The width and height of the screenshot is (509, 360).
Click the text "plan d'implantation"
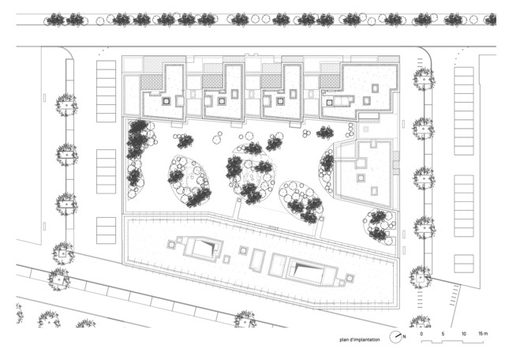pyautogui.click(x=359, y=340)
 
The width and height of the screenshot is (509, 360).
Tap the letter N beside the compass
pyautogui.click(x=404, y=336)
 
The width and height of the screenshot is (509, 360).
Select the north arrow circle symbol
pyautogui.click(x=395, y=337)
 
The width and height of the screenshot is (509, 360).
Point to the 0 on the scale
pyautogui.click(x=421, y=334)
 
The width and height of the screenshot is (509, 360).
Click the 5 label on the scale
pyautogui.click(x=443, y=334)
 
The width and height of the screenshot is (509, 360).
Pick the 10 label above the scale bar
pyautogui.click(x=463, y=334)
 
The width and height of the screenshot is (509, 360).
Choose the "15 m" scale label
pyautogui.click(x=483, y=333)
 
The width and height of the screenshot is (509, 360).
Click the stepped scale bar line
pyautogui.click(x=452, y=341)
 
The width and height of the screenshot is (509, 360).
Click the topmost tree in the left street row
pyautogui.click(x=66, y=105)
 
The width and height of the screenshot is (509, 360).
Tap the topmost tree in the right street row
pyautogui.click(x=424, y=79)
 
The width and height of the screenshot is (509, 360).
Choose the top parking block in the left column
pyautogui.click(x=107, y=92)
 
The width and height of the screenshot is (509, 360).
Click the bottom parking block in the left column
pyautogui.click(x=107, y=231)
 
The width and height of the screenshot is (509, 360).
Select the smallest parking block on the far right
pyautogui.click(x=464, y=264)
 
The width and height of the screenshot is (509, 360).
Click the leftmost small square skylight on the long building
pyautogui.click(x=171, y=244)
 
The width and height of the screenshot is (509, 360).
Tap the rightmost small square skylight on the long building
pyautogui.click(x=350, y=278)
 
